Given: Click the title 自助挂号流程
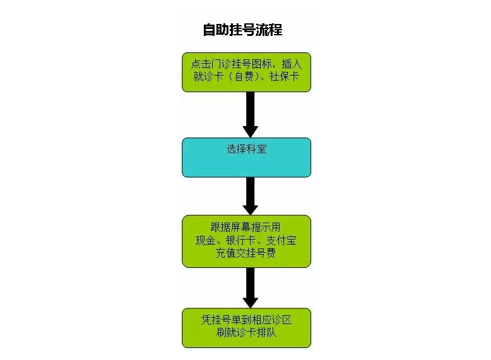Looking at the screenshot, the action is pos(243,30).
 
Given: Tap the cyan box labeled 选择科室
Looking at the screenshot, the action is pos(246,158).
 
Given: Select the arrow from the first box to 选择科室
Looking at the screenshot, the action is pos(250,115).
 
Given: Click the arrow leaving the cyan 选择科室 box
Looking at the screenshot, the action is pos(250,196).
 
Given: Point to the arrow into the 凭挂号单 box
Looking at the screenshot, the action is pos(250,287).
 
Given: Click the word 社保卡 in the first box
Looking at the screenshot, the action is pos(285,77).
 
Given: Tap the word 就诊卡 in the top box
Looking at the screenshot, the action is pos(208,77).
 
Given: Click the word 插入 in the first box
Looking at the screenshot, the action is pos(292,64).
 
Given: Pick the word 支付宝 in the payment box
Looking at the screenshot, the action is pos(281,240).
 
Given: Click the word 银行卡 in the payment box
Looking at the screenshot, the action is pos(241,240).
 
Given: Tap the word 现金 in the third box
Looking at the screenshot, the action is pos(205,240).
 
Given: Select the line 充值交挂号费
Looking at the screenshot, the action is pos(245,253).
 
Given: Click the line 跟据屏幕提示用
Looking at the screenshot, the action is pos(245,228).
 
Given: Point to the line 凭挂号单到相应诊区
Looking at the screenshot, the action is pos(246,320).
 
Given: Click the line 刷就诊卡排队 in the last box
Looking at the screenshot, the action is pos(246,332).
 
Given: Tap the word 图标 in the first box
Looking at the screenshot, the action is pos(261,64).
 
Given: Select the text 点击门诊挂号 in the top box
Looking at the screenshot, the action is pos(221,64).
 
